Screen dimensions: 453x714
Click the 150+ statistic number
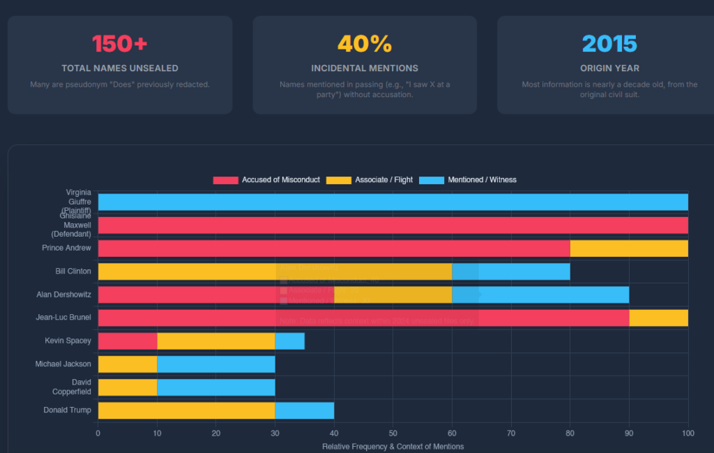tap(120, 43)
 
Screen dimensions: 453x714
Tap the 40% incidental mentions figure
tap(365, 43)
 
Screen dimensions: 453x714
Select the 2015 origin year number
tap(609, 43)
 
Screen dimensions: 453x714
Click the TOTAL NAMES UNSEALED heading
tap(120, 68)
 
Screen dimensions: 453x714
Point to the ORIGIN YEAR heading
tap(609, 68)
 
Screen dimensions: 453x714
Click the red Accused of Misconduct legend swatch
tap(225, 180)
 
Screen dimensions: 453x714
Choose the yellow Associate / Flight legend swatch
tap(338, 180)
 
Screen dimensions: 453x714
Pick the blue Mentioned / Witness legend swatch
tap(432, 180)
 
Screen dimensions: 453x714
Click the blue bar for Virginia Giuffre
tap(393, 202)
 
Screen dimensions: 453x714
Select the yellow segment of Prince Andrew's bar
tap(629, 248)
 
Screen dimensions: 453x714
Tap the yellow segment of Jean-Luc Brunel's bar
tap(658, 318)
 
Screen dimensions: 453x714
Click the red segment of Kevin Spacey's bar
tap(128, 341)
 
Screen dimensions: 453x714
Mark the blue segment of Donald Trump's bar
tap(304, 410)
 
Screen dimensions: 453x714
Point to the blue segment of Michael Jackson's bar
tap(216, 364)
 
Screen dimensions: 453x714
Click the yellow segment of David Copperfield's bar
tap(128, 387)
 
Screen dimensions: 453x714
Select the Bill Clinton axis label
tap(73, 271)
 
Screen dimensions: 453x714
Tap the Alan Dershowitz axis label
tap(63, 295)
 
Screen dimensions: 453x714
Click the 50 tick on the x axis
tap(393, 433)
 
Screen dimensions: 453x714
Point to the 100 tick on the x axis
tap(688, 433)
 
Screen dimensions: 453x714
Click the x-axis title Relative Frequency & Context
tap(393, 446)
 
